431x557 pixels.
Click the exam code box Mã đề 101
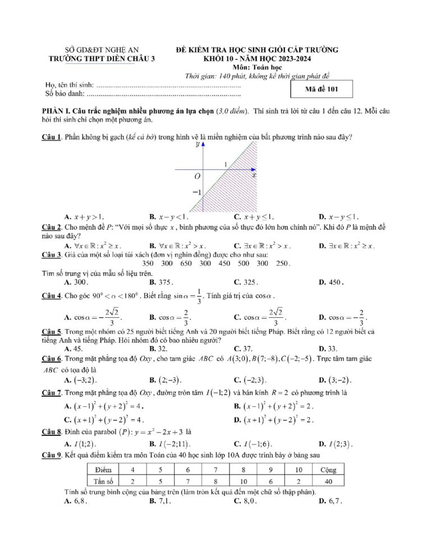point(322,89)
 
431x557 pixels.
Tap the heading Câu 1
point(52,137)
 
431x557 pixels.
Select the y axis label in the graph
point(198,145)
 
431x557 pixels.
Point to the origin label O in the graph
point(197,175)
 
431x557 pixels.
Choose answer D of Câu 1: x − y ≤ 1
point(339,217)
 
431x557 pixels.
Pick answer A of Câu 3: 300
point(77,282)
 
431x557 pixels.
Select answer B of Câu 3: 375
point(162,282)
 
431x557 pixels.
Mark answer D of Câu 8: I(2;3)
point(336,444)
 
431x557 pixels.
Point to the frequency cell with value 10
point(242,481)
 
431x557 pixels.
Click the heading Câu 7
point(52,393)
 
